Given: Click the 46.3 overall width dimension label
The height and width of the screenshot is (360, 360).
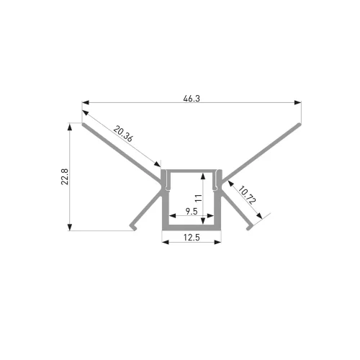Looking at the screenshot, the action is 192,99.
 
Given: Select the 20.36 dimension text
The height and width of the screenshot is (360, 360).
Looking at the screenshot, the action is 123,134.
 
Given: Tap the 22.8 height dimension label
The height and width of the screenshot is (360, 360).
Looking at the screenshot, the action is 65,176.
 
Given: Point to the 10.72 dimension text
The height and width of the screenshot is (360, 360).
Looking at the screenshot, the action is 247,194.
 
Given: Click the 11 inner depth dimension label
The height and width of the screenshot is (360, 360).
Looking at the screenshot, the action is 199,198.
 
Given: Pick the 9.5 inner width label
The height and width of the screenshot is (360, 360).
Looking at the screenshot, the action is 192,212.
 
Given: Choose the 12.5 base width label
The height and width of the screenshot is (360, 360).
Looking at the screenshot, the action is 192,238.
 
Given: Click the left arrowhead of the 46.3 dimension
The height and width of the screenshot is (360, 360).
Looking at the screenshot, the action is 86,103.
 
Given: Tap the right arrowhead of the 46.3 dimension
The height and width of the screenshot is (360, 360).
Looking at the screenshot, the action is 297,103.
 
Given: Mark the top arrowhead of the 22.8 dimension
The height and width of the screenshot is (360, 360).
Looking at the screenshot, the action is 70,127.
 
